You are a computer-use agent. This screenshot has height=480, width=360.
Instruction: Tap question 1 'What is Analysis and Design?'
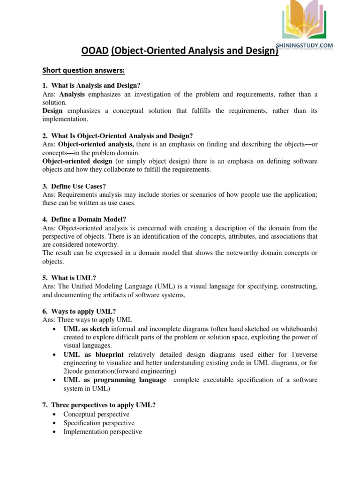tap(91, 85)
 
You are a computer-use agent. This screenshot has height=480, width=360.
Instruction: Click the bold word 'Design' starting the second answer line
tap(52, 111)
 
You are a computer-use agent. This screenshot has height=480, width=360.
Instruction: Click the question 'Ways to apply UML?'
tap(80, 311)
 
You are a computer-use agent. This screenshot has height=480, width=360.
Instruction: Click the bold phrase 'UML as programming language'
tap(115, 380)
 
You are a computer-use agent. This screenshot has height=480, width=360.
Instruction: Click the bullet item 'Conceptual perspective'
tap(97, 414)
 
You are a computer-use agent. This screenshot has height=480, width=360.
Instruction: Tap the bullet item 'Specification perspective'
tap(99, 423)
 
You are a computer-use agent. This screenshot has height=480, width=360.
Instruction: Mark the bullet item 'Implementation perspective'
tap(103, 432)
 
